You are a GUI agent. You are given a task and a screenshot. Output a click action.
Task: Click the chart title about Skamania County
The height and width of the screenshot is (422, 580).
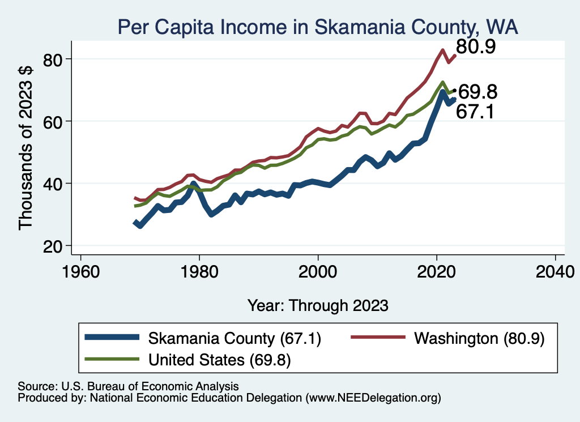coord(318,27)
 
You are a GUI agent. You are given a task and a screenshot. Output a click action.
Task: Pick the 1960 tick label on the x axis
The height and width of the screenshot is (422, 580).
coord(81,271)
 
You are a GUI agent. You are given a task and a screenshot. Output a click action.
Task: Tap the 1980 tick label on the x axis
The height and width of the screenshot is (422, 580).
coord(199,271)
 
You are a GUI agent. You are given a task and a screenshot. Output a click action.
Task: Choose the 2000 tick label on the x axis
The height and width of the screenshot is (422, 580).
coord(318,271)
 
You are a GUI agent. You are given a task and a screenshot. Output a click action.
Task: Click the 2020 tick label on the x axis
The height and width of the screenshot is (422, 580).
coord(437,271)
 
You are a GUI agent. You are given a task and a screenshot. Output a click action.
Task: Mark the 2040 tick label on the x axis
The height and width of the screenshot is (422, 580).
coord(555,271)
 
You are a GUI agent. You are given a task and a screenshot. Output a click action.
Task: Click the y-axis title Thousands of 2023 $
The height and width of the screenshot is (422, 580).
coord(26,147)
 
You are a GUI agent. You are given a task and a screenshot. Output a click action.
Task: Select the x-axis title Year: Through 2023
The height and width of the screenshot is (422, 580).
coord(318,305)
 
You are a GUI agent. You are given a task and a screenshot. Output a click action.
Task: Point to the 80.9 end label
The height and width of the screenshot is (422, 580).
coord(476,47)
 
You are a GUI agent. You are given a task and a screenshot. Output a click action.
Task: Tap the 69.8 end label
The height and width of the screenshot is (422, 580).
coord(477,92)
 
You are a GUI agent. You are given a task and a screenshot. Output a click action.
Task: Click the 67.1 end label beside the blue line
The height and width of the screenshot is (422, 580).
coord(476,112)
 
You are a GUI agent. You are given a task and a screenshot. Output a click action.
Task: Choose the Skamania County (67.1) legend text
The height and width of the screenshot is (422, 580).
coord(234,339)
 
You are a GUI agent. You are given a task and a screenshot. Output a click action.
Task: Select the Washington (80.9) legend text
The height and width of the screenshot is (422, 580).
coord(479,339)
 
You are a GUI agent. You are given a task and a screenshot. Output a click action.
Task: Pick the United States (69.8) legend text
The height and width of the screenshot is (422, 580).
coord(220,360)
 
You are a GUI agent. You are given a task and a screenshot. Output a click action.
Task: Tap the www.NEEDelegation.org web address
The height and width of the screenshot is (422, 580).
coord(373,398)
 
